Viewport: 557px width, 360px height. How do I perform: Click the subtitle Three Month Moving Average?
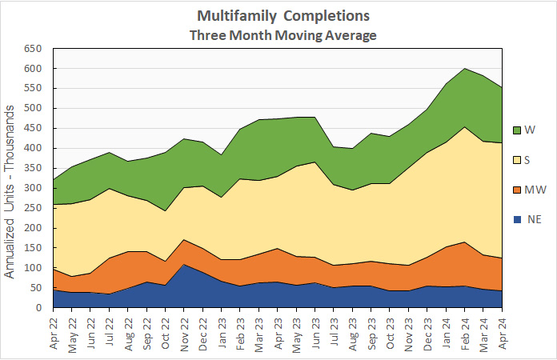(283, 35)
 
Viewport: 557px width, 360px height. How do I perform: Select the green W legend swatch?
(518, 129)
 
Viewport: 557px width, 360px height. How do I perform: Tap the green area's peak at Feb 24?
(466, 69)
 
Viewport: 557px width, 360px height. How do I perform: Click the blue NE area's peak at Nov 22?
(184, 264)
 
